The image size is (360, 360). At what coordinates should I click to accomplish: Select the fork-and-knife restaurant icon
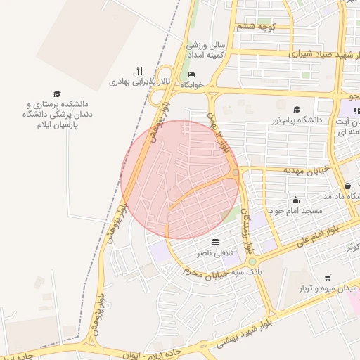139,70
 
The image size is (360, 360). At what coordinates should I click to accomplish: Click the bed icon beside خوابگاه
192,74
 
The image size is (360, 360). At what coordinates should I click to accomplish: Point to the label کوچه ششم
255,27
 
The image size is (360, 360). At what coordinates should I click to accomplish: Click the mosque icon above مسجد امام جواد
295,199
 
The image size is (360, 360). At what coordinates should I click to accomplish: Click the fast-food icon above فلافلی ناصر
214,240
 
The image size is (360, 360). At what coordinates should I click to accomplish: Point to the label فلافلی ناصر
214,252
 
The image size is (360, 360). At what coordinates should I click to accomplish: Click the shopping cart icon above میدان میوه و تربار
328,278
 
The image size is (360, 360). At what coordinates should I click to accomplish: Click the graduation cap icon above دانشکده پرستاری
57,94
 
